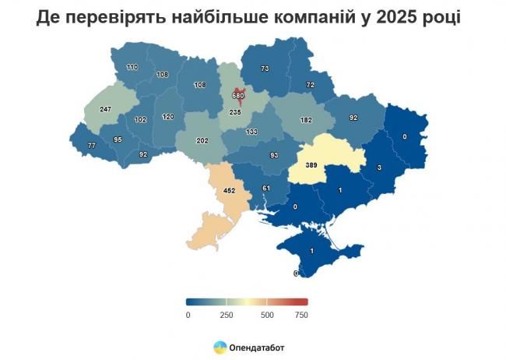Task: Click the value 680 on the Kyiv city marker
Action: click(x=239, y=97)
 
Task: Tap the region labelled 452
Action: click(x=230, y=189)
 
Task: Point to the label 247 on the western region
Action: click(x=107, y=111)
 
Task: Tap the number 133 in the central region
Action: click(x=251, y=132)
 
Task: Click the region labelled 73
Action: click(x=265, y=69)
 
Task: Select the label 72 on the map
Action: click(x=310, y=84)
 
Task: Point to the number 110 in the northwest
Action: click(x=132, y=68)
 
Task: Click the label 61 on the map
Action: click(x=265, y=188)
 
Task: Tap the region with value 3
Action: click(x=378, y=168)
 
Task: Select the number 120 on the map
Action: click(x=167, y=116)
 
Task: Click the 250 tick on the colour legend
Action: click(x=226, y=315)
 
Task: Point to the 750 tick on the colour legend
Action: click(x=301, y=315)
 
